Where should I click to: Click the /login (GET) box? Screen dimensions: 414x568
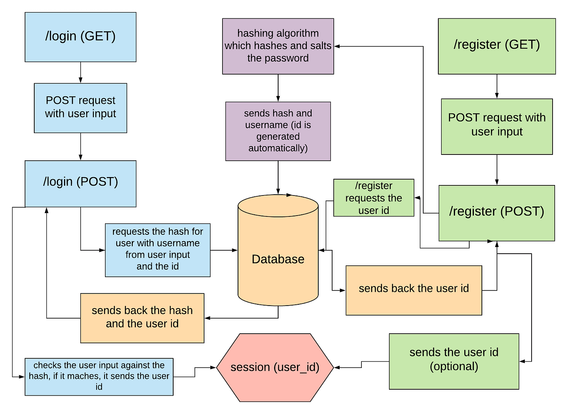[x=80, y=37]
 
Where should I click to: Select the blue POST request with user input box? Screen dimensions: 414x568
[x=80, y=108]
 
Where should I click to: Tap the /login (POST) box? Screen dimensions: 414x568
[x=80, y=183]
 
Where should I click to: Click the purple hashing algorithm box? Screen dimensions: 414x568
[x=278, y=46]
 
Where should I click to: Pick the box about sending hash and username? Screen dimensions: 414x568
[x=278, y=131]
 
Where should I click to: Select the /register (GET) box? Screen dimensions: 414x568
[x=496, y=46]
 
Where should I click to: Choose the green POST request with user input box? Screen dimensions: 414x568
[x=496, y=126]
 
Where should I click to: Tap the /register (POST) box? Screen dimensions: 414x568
[x=496, y=213]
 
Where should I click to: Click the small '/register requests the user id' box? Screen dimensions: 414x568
[x=374, y=198]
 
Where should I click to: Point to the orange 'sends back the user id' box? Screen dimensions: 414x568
[x=414, y=290]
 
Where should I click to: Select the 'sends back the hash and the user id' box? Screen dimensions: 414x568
[x=142, y=318]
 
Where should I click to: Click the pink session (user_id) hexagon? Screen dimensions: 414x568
[x=275, y=368]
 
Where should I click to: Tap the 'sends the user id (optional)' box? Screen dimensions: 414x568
[x=454, y=361]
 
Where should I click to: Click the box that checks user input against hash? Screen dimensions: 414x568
[x=99, y=376]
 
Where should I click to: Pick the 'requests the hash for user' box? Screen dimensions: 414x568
[x=157, y=250]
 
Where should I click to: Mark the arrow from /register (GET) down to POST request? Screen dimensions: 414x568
[x=496, y=87]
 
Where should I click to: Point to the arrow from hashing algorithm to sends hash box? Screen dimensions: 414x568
[x=278, y=88]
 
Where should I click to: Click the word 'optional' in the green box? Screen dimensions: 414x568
[x=454, y=367]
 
